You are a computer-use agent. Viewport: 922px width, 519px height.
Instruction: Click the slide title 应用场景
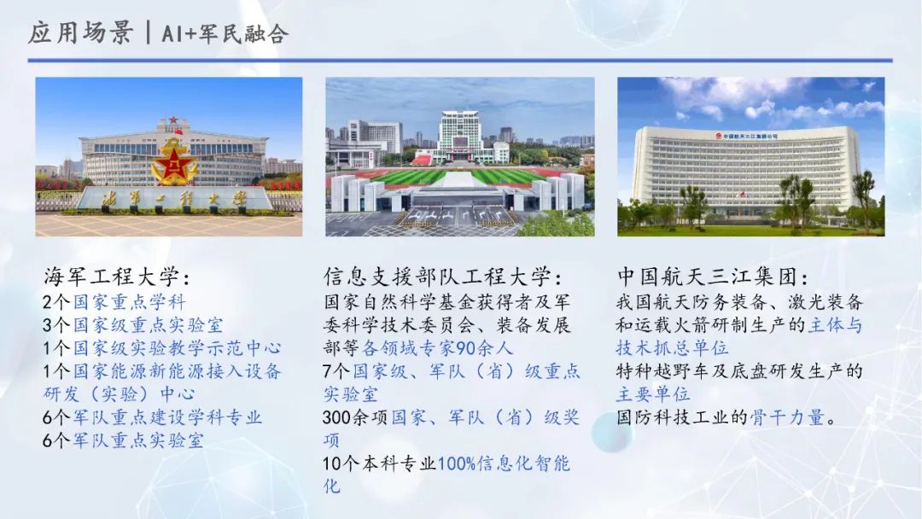80,32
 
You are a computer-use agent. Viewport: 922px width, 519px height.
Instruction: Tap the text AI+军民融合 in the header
225,33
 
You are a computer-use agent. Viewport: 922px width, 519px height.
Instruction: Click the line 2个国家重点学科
114,301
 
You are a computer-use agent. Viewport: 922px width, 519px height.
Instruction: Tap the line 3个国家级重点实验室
133,324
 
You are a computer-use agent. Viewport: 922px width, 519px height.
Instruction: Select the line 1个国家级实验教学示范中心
161,348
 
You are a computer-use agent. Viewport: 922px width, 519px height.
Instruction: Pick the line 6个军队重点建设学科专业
152,417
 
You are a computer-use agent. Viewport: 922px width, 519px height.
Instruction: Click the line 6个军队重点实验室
123,440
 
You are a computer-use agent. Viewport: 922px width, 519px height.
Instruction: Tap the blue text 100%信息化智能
504,464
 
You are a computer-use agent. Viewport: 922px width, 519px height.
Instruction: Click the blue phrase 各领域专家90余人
437,348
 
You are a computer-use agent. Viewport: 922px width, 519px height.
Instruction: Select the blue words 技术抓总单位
672,348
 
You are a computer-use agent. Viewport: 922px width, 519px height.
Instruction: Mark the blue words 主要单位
653,394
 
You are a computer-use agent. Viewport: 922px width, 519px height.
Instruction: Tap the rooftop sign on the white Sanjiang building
747,136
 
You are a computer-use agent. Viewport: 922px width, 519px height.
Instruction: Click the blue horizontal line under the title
460,60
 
